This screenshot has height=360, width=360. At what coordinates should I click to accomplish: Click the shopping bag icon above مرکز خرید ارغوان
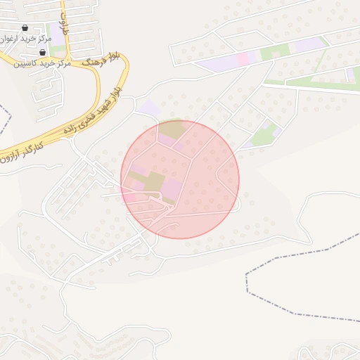(x=25, y=28)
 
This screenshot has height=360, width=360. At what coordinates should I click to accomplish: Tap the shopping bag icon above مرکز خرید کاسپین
(x=43, y=53)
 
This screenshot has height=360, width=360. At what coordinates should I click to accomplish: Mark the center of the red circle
(x=180, y=179)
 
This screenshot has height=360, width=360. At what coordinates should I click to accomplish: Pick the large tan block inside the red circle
(x=153, y=181)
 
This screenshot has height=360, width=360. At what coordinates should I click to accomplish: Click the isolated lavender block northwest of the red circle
(x=150, y=108)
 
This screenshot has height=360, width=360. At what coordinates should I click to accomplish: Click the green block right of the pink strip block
(x=275, y=52)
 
